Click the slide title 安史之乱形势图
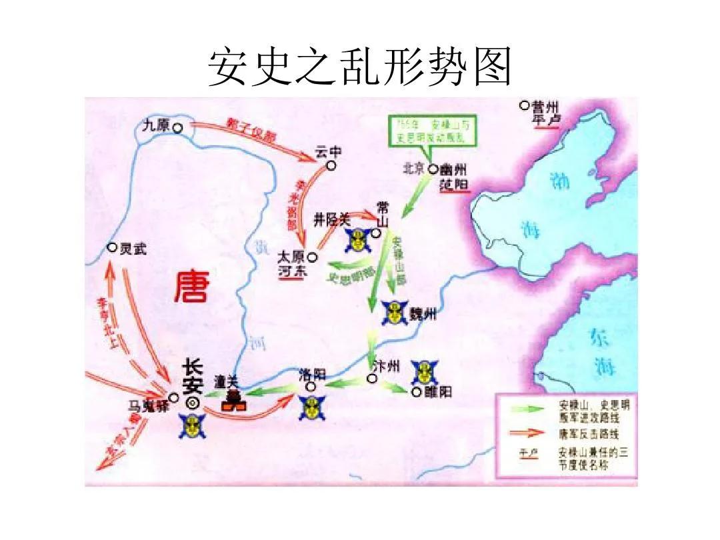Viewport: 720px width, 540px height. (359, 67)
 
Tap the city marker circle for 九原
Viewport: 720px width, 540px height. (177, 127)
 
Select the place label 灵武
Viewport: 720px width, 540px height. (133, 249)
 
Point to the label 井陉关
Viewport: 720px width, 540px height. (332, 217)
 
